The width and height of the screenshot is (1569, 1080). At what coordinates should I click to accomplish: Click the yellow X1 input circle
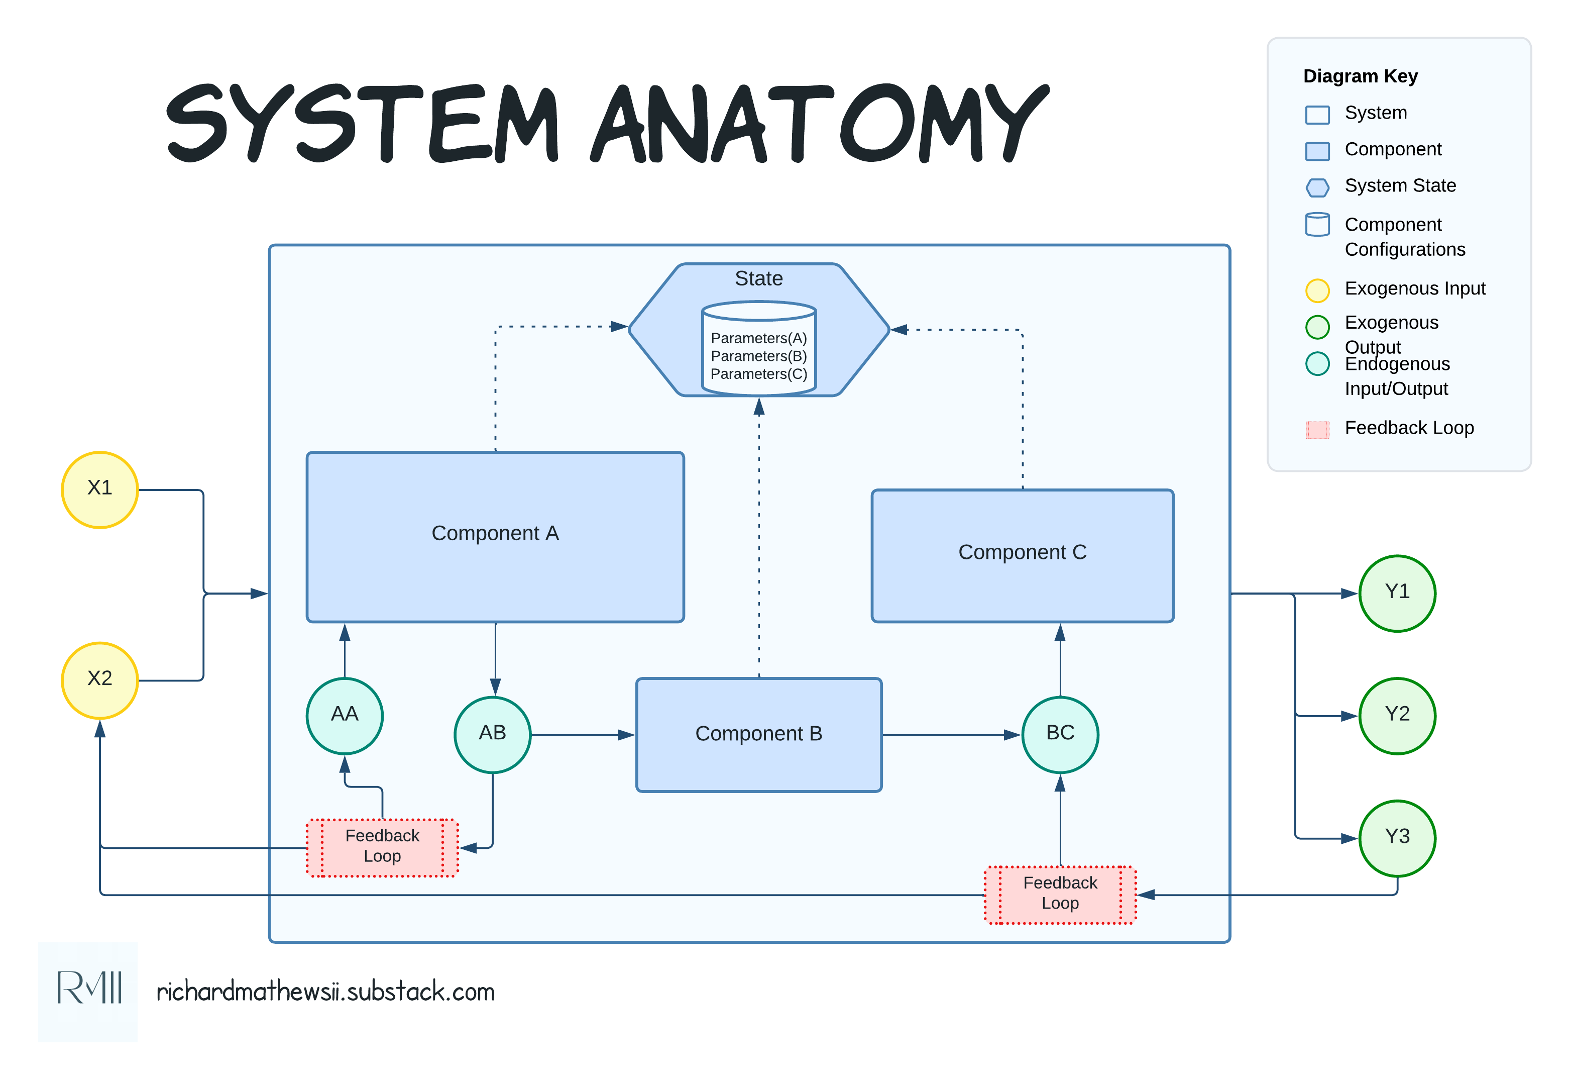[x=100, y=489]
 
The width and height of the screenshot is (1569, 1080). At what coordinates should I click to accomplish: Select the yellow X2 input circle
[x=100, y=679]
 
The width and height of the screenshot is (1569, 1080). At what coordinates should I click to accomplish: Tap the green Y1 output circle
[x=1397, y=593]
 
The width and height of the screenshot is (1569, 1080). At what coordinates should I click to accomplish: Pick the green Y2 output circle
[x=1397, y=715]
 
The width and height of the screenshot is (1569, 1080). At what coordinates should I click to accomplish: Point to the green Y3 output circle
[x=1397, y=838]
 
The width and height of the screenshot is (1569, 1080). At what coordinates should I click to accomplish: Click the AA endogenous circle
[x=345, y=715]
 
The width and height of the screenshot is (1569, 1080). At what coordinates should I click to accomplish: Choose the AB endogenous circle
[x=492, y=734]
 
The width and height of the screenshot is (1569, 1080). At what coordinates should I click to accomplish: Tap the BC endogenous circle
[x=1060, y=734]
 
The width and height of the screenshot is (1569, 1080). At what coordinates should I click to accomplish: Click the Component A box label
[x=495, y=533]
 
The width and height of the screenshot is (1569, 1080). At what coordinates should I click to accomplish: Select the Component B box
[x=759, y=734]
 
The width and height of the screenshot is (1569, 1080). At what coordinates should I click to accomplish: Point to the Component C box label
[x=1022, y=552]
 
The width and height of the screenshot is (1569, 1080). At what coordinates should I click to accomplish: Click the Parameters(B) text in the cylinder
[x=759, y=356]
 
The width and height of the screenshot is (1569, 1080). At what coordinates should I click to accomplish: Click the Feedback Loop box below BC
[x=1060, y=894]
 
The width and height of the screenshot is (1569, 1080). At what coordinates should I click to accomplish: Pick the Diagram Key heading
[x=1360, y=76]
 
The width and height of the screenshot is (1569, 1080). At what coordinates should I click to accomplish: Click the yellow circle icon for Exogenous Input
[x=1317, y=290]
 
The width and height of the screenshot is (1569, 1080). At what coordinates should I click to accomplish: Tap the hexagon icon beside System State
[x=1317, y=187]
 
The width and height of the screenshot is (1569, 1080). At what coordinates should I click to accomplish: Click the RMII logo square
[x=88, y=992]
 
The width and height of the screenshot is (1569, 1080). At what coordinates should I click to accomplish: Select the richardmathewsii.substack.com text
[x=325, y=992]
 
